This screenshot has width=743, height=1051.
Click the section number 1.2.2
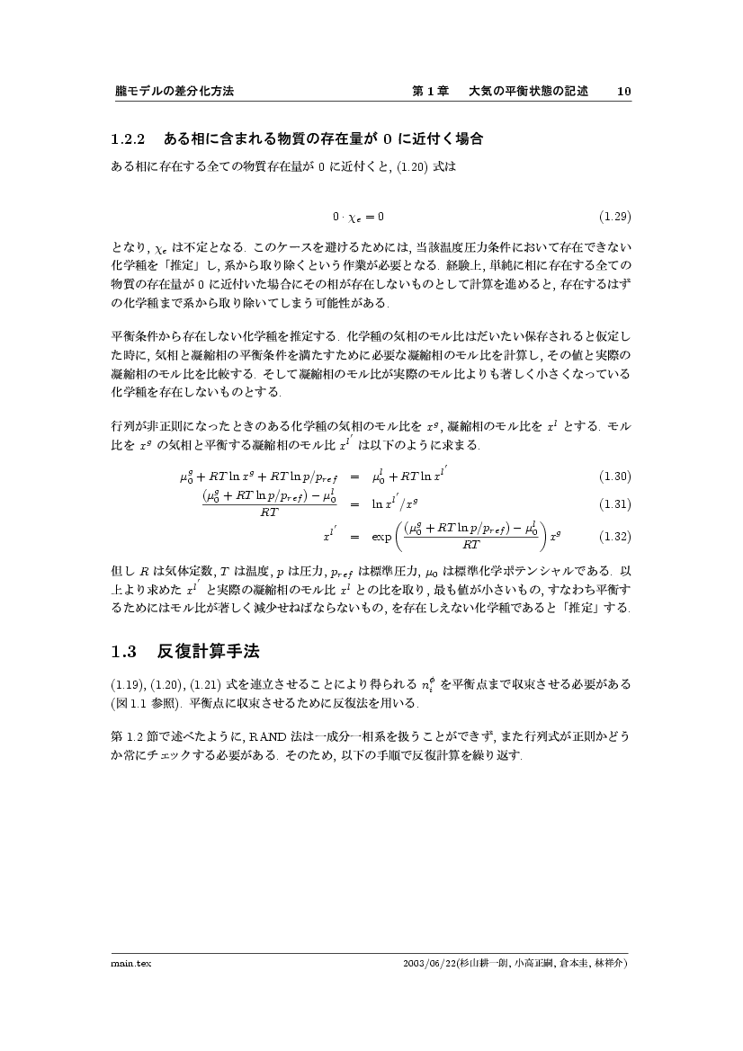128,140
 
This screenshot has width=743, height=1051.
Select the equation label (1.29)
615,216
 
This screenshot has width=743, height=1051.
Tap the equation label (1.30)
615,476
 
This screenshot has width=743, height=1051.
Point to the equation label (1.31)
615,504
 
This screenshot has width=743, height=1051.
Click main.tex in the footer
124,963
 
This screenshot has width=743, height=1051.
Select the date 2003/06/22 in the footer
432,963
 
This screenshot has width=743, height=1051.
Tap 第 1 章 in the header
430,92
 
